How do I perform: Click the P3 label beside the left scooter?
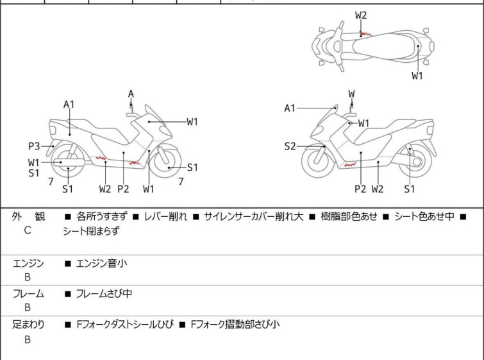33,146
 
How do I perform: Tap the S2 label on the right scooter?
290,146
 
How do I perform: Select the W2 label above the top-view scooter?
361,15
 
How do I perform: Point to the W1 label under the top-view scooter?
417,76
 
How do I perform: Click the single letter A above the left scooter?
131,94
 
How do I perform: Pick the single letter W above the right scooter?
351,94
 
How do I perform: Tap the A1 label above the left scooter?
69,104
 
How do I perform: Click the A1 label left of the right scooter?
290,108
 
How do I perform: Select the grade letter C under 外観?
28,230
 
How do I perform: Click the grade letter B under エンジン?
28,277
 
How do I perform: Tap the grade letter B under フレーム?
28,307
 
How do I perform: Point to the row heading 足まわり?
28,325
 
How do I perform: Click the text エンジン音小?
102,263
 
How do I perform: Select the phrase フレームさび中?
104,294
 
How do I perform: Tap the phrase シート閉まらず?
91,230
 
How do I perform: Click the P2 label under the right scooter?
360,189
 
